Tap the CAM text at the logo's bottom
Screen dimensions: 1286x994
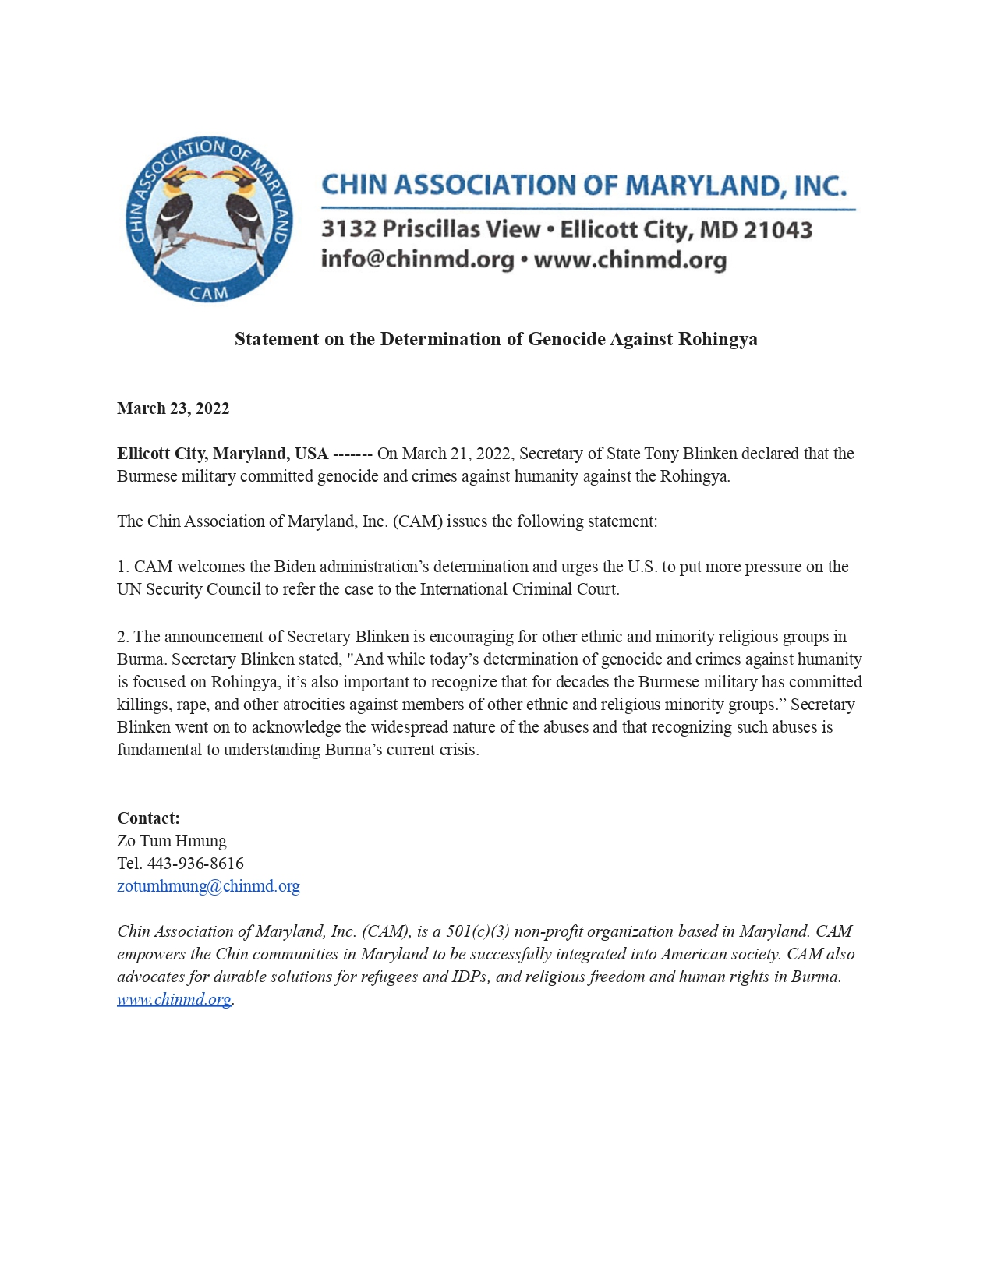coord(209,293)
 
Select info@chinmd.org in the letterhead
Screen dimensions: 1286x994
coord(417,259)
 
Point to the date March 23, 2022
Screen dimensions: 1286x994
coord(173,408)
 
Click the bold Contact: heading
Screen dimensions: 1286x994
coord(148,818)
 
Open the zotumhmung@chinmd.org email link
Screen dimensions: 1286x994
coord(208,885)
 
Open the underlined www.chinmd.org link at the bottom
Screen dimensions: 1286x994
coord(174,999)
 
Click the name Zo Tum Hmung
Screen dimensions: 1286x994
coord(172,840)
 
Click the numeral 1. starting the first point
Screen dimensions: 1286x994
coord(123,567)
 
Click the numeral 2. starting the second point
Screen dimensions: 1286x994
coord(123,637)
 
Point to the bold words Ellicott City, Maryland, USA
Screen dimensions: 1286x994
coord(222,454)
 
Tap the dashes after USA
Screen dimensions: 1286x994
coord(352,454)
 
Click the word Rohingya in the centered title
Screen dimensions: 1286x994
coord(717,339)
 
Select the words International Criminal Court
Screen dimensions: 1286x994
coord(518,589)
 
